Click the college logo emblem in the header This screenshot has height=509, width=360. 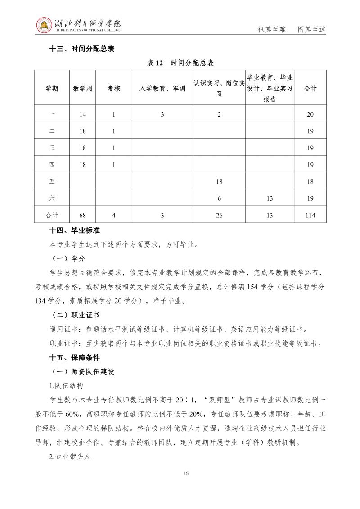[x=44, y=26]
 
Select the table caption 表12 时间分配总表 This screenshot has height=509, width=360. [x=180, y=63]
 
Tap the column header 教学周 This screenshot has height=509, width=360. [x=82, y=89]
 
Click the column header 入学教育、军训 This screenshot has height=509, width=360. [x=162, y=89]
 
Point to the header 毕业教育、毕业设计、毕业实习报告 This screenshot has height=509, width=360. [x=270, y=89]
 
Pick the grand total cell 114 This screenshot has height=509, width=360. [x=310, y=216]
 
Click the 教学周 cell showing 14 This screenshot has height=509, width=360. [x=82, y=114]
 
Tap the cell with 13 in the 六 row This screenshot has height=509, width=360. [x=270, y=198]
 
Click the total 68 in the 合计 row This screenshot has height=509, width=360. [x=82, y=216]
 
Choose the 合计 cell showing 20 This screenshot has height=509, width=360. [x=310, y=114]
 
